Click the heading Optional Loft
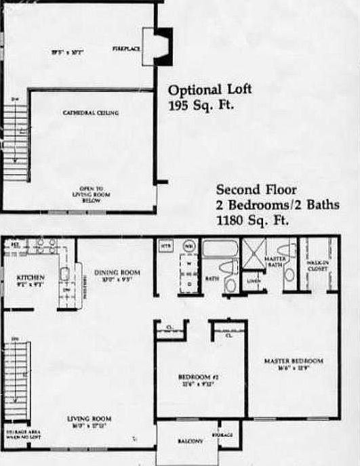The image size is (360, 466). pos(204,90)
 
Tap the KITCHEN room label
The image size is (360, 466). pos(31,278)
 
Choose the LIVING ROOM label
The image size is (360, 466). pos(84,419)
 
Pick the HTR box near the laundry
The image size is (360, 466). pos(165,246)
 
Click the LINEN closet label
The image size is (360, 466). pos(254,281)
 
